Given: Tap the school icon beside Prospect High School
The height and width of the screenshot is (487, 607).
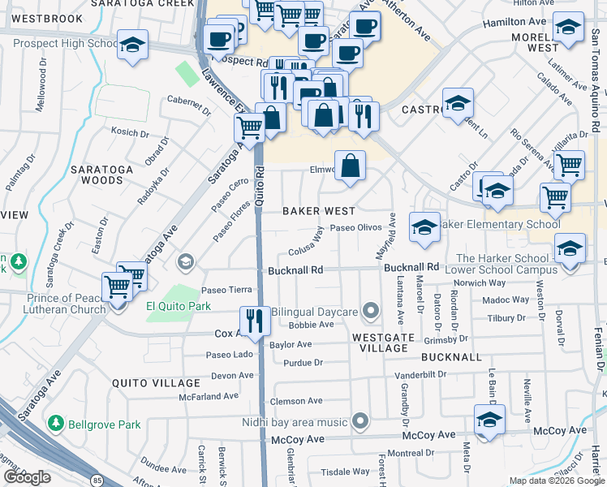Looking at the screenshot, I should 131,45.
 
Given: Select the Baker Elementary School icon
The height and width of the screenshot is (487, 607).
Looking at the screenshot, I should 424,229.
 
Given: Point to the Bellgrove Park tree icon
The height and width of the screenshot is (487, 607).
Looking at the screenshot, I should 56,424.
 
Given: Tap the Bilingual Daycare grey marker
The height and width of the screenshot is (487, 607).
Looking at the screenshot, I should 371,311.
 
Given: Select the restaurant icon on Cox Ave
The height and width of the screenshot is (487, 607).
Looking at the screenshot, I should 255,321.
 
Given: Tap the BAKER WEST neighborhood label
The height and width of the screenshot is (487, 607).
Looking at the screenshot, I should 320,211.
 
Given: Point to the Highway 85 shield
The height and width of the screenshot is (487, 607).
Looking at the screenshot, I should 97,481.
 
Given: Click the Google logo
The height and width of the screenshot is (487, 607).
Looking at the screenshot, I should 27,477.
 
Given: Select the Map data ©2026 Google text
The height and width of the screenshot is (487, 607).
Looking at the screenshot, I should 556,481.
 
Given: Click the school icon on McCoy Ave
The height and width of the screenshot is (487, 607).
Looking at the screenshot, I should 490,421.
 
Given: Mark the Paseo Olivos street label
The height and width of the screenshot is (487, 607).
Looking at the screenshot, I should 355,228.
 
